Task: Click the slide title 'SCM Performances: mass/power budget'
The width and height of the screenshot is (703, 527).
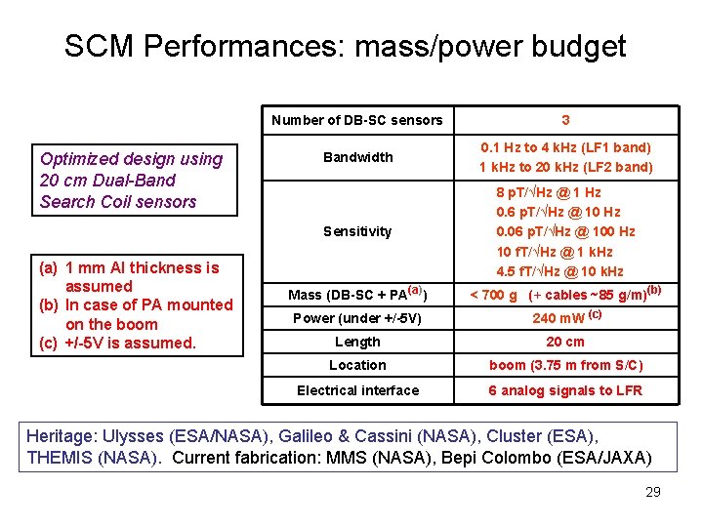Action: [x=345, y=46]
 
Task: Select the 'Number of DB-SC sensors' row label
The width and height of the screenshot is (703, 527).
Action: [x=357, y=120]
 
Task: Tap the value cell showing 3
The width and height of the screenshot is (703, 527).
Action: [x=565, y=120]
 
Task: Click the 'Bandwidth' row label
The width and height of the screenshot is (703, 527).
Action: [x=357, y=157]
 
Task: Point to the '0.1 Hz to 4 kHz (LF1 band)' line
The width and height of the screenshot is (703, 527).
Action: [x=565, y=147]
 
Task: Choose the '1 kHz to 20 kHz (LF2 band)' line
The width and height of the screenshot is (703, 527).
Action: [x=565, y=167]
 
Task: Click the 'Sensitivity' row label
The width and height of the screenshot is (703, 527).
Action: [x=357, y=231]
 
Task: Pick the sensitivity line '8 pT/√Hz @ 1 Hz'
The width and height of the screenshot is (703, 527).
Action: [x=549, y=192]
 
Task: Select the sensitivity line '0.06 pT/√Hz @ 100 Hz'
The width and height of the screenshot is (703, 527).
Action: [x=565, y=231]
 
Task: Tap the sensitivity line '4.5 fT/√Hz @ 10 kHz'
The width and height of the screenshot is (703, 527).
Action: [x=559, y=271]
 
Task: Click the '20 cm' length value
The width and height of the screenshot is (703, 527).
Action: [x=565, y=342]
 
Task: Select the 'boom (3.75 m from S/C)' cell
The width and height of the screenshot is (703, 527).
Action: [x=565, y=365]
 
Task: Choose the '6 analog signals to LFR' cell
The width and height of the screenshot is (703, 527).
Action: [x=565, y=390]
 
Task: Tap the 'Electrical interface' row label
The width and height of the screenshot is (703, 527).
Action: [x=357, y=390]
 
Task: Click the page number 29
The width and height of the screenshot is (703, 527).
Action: [x=653, y=492]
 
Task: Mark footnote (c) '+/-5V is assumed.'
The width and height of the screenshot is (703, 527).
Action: [x=118, y=343]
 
